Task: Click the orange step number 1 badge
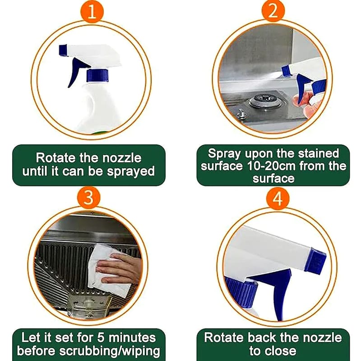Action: (x=92, y=11)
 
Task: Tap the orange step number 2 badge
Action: (x=273, y=11)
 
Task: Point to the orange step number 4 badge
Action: (x=278, y=199)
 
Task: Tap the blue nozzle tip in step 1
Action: (x=63, y=50)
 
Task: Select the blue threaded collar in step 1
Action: (x=97, y=75)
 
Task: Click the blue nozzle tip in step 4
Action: (x=315, y=261)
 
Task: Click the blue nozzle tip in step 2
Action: (x=287, y=70)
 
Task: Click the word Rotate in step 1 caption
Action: (x=56, y=158)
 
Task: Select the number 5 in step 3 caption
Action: (x=101, y=338)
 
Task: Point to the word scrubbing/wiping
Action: (x=110, y=352)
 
